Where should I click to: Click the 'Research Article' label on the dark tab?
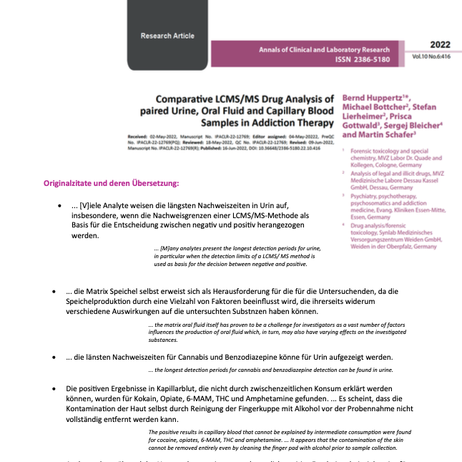167,36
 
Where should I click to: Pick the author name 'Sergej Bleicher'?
410,124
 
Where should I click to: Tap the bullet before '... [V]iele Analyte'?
59,207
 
